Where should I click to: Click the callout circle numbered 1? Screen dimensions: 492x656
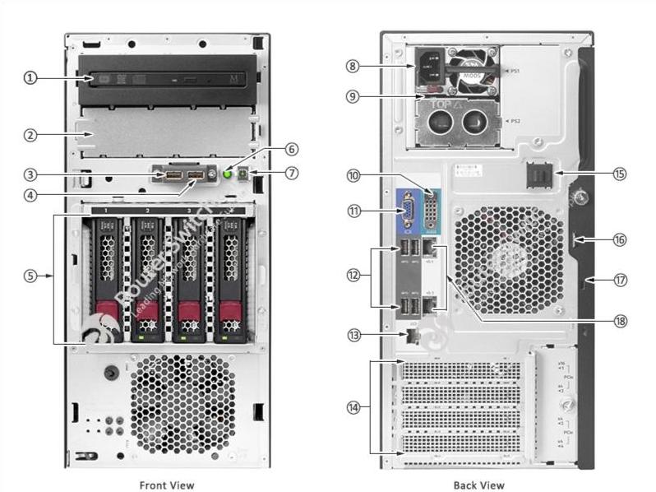[30, 78]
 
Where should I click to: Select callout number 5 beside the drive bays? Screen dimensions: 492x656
[30, 276]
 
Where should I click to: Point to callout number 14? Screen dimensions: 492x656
[354, 406]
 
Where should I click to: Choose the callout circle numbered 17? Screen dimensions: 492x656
[620, 280]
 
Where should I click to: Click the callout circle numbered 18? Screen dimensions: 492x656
[619, 319]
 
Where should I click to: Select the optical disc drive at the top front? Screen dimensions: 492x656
[168, 79]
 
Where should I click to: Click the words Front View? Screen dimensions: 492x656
[167, 485]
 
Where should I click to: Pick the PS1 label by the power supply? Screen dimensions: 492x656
[517, 71]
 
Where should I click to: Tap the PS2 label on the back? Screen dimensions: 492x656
[515, 121]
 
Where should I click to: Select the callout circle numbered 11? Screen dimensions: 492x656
[354, 211]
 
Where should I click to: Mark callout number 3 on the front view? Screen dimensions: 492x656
[30, 174]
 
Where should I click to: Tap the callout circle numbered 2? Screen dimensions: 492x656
[30, 134]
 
